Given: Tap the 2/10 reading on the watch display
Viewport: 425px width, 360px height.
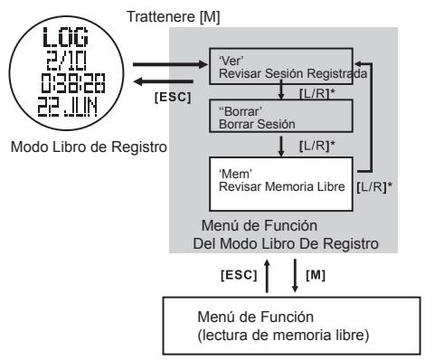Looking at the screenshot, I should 61,60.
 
